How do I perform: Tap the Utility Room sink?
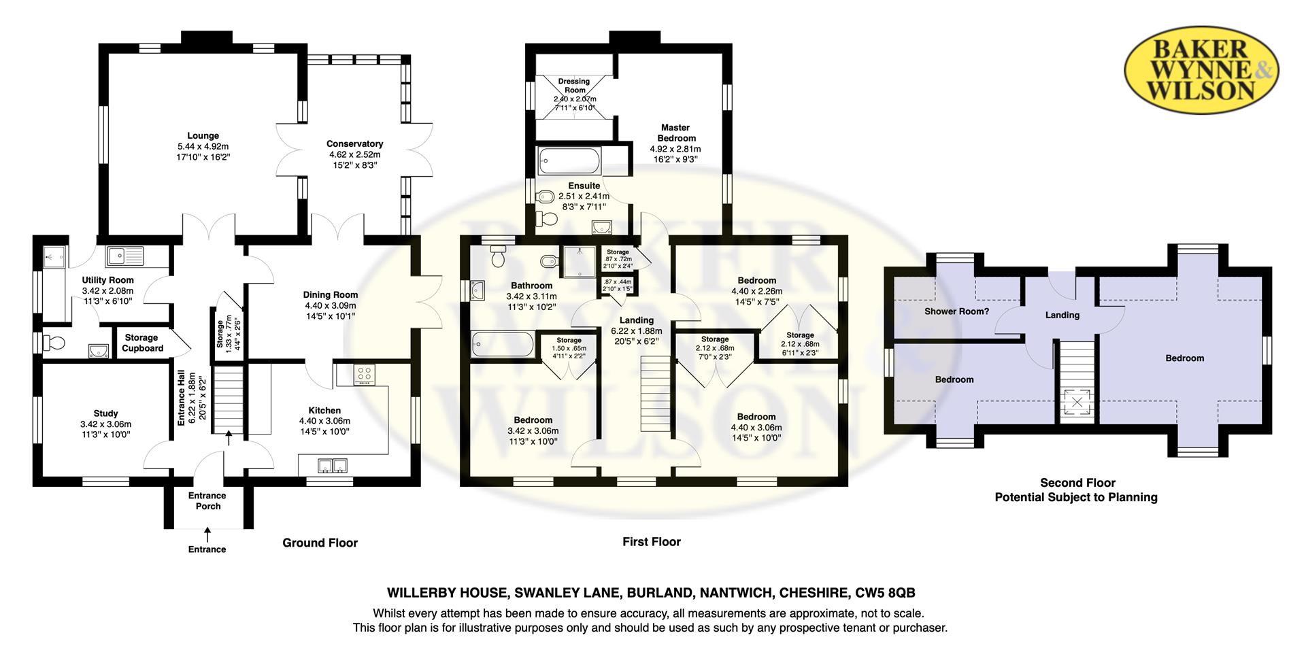point(124,256)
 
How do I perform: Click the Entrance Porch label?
point(207,501)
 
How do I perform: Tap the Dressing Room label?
point(575,86)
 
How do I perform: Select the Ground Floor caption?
point(320,543)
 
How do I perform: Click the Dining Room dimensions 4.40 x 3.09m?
point(331,305)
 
